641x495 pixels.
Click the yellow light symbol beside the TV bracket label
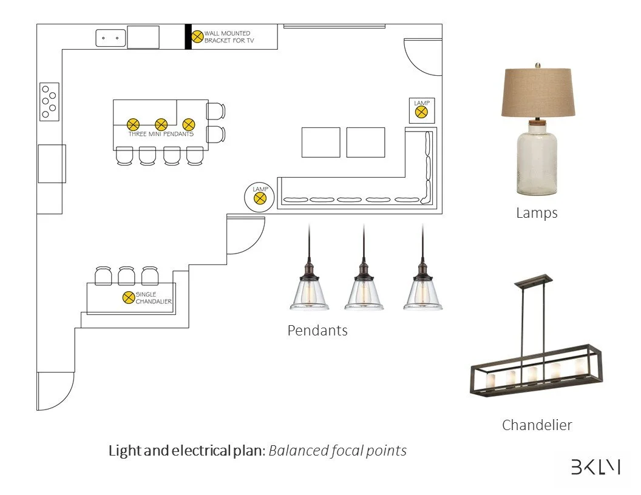pos(197,36)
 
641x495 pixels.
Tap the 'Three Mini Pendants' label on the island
pos(161,134)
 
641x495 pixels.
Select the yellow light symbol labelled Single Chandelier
pos(128,297)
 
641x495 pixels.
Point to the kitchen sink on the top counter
pos(110,38)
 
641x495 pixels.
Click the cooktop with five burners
pos(49,101)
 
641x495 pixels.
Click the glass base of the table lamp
pos(537,161)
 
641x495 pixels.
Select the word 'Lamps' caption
pos(537,213)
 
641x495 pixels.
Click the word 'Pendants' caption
pos(317,331)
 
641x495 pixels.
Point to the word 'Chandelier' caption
pos(537,425)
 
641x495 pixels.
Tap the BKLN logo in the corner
pos(595,466)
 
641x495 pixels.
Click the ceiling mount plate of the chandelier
pos(533,280)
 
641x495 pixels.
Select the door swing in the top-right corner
pos(423,58)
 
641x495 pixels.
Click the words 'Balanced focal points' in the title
pos(337,451)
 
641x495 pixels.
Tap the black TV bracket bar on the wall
pos(188,36)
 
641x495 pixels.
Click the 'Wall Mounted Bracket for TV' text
pos(227,37)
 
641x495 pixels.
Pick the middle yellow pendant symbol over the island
pos(161,124)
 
